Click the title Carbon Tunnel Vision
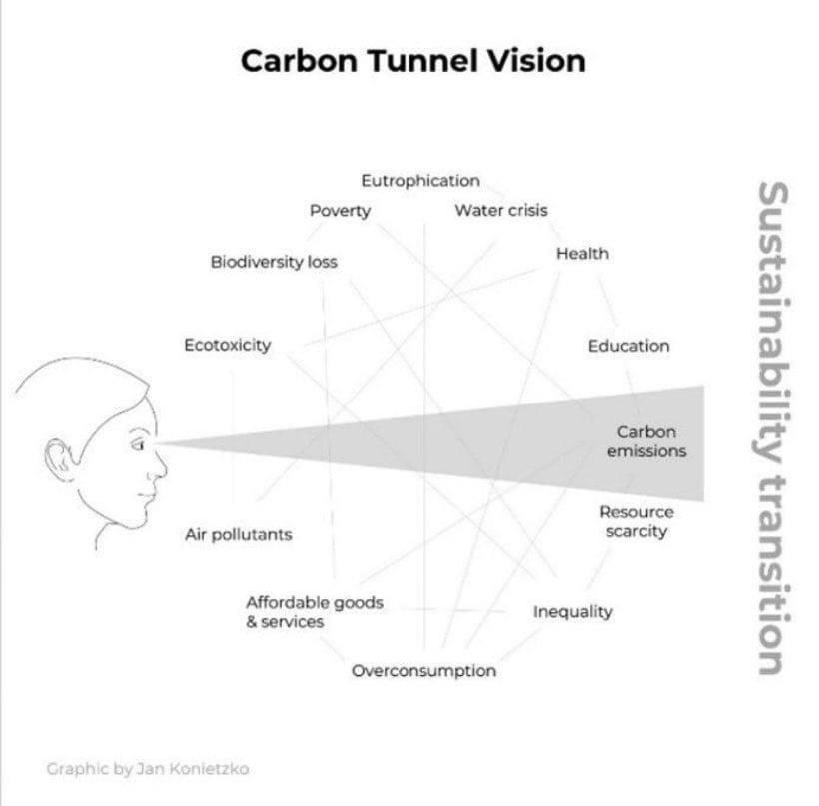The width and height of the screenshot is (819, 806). click(x=412, y=61)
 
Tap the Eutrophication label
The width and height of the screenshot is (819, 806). click(x=419, y=181)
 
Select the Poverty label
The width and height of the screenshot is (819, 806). click(x=340, y=211)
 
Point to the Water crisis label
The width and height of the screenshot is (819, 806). click(x=500, y=211)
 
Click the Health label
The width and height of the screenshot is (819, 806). click(x=582, y=254)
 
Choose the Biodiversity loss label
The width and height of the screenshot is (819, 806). click(x=274, y=263)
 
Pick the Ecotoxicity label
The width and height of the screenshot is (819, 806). click(x=227, y=346)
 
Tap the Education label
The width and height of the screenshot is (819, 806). click(x=628, y=347)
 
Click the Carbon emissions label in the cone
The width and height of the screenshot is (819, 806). click(x=646, y=442)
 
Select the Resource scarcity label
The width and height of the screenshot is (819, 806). click(x=636, y=522)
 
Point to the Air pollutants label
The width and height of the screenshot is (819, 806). click(x=238, y=535)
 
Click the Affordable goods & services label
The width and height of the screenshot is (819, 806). click(x=314, y=612)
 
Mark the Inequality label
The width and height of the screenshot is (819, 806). click(x=572, y=612)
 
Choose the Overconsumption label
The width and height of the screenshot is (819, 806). click(x=423, y=671)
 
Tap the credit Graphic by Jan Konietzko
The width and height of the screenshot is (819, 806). click(x=148, y=769)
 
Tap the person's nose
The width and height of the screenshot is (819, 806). click(x=160, y=461)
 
